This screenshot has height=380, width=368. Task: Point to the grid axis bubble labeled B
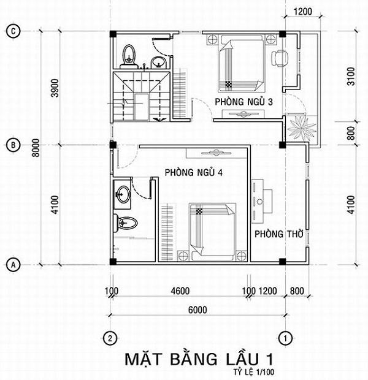coord(12,145)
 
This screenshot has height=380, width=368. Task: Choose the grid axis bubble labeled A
coord(12,265)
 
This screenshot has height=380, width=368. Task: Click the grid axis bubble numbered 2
coord(110,337)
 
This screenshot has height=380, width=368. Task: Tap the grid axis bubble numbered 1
coord(284,337)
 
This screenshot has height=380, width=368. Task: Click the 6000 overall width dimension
coord(197,310)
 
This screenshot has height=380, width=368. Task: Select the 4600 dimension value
coord(179,291)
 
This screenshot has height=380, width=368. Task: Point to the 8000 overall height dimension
coord(37,148)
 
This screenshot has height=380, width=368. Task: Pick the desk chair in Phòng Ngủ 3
coord(280,59)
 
